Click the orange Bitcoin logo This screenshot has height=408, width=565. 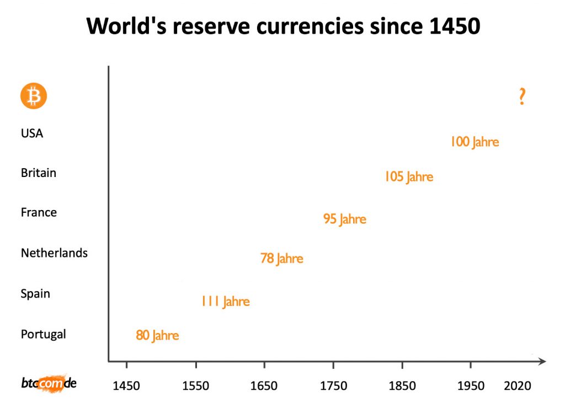[x=34, y=96]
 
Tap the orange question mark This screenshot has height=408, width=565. [x=522, y=96]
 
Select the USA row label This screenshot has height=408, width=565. [x=32, y=133]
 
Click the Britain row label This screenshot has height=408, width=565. [x=39, y=173]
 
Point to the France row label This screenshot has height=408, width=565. [x=39, y=212]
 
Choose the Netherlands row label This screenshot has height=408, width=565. [x=54, y=253]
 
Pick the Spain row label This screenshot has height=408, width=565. [x=35, y=293]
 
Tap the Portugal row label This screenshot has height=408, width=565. [x=43, y=334]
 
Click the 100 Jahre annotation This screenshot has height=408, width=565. [x=475, y=142]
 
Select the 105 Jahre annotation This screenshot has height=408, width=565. [x=409, y=177]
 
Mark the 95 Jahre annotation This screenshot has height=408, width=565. [x=345, y=219]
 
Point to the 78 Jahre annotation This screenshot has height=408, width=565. [x=282, y=258]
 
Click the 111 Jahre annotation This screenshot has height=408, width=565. [x=225, y=302]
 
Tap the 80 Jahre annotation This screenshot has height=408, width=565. [x=157, y=335]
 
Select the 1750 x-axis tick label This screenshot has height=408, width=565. [x=333, y=386]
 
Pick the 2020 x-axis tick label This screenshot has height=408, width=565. [x=518, y=386]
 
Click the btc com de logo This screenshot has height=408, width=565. [x=49, y=383]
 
